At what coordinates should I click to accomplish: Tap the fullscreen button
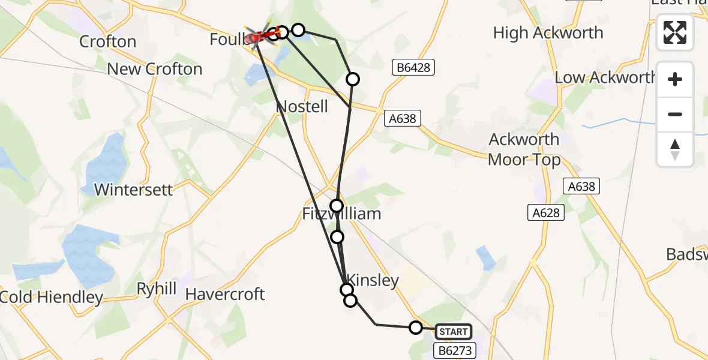tap(675, 32)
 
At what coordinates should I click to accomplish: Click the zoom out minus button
tap(675, 114)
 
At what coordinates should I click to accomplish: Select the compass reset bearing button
tap(675, 149)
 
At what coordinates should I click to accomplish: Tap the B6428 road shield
tap(413, 68)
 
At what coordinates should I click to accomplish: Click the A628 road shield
tap(545, 212)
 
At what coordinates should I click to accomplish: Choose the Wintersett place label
tap(134, 190)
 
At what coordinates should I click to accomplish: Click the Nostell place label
tap(302, 107)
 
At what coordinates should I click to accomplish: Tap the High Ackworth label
tap(548, 33)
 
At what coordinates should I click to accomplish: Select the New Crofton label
tap(155, 69)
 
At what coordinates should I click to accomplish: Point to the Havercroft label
tap(225, 295)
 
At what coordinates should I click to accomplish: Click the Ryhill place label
tap(157, 289)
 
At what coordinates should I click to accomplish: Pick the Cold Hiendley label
tap(52, 297)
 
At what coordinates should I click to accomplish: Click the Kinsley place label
tap(373, 280)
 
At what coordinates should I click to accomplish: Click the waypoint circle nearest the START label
tap(416, 328)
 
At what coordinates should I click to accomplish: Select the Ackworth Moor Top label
tap(524, 149)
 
